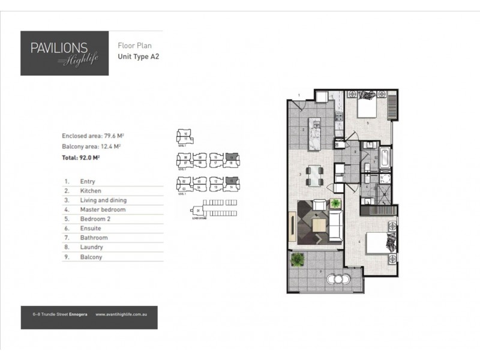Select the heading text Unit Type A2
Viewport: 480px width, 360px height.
tap(138, 58)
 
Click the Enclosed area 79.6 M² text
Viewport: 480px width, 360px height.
tap(92, 136)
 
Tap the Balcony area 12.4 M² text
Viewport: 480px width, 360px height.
tap(92, 146)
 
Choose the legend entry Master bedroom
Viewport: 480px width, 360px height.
tap(103, 210)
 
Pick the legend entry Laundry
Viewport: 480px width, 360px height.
tap(91, 247)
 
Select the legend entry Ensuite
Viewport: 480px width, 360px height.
tap(91, 229)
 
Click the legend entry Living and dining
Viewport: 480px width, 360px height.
tap(103, 200)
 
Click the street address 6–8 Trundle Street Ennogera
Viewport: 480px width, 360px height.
tap(61, 313)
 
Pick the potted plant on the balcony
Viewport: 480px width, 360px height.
tap(296, 259)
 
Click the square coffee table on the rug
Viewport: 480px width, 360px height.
tap(320, 224)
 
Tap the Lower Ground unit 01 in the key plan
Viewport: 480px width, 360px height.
tap(198, 211)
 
